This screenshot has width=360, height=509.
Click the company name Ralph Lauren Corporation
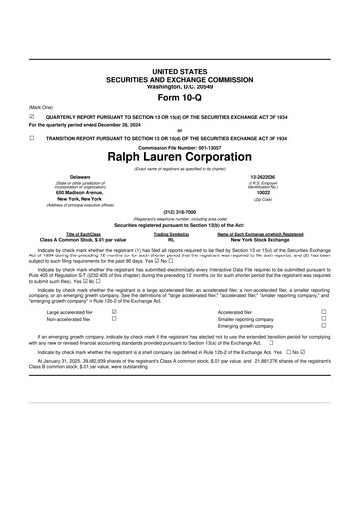179,157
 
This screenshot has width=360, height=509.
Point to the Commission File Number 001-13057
179,147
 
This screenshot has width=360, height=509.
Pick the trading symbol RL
172,241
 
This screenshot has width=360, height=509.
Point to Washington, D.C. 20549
179,86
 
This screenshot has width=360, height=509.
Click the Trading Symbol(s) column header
172,235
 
